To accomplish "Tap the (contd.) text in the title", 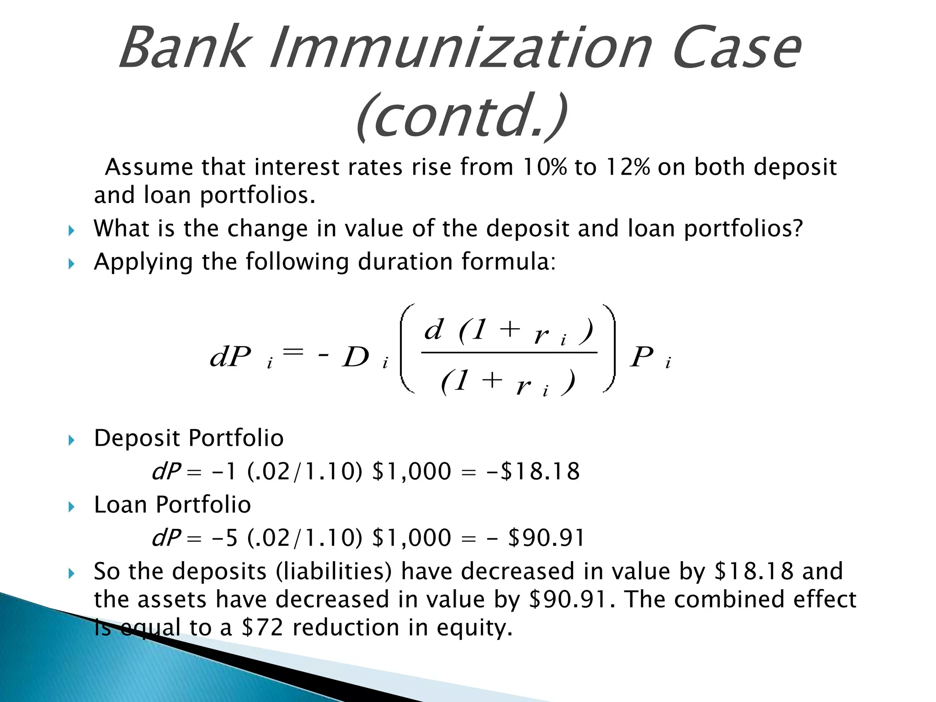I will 462,117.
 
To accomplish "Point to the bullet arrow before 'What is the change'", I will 71,230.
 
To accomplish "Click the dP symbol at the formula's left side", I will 231,357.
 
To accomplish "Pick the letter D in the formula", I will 356,357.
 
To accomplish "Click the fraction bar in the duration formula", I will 509,352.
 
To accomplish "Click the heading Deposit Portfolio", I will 188,438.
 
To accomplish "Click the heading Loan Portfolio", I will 172,505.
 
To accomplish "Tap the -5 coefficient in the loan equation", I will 225,537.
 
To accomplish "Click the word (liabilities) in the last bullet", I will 334,571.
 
